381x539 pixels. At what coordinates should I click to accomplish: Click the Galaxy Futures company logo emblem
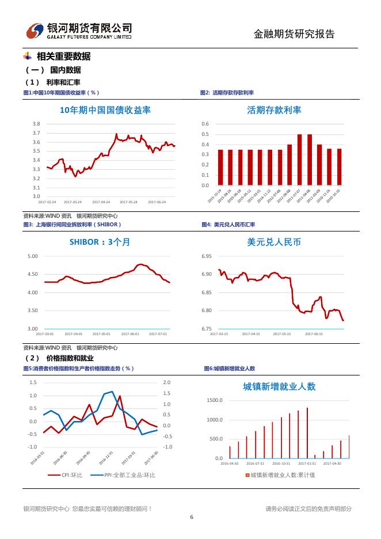pyautogui.click(x=36, y=31)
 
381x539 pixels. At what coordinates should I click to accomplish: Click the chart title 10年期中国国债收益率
pyautogui.click(x=105, y=110)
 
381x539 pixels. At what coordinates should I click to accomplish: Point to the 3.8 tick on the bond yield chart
pyautogui.click(x=36, y=124)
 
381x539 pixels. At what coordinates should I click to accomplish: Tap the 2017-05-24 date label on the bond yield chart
pyautogui.click(x=129, y=202)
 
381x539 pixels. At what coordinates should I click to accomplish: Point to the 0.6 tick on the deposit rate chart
pyautogui.click(x=205, y=124)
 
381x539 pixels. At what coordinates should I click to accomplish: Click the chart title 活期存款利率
pyautogui.click(x=274, y=110)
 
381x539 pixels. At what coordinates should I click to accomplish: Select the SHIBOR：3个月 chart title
pyautogui.click(x=100, y=242)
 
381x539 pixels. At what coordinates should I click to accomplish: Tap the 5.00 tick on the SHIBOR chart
pyautogui.click(x=33, y=256)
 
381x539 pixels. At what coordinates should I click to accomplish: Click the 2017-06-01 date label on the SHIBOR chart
pyautogui.click(x=130, y=334)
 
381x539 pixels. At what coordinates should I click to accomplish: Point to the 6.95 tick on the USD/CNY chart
pyautogui.click(x=207, y=256)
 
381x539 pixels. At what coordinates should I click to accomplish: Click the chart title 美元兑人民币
pyautogui.click(x=274, y=242)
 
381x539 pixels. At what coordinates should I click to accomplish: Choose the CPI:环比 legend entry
pyautogui.click(x=72, y=475)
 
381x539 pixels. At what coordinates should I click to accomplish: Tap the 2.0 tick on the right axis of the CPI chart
pyautogui.click(x=167, y=382)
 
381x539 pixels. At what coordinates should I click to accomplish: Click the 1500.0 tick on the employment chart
pyautogui.click(x=214, y=400)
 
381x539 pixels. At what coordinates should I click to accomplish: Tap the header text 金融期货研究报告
pyautogui.click(x=294, y=34)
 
